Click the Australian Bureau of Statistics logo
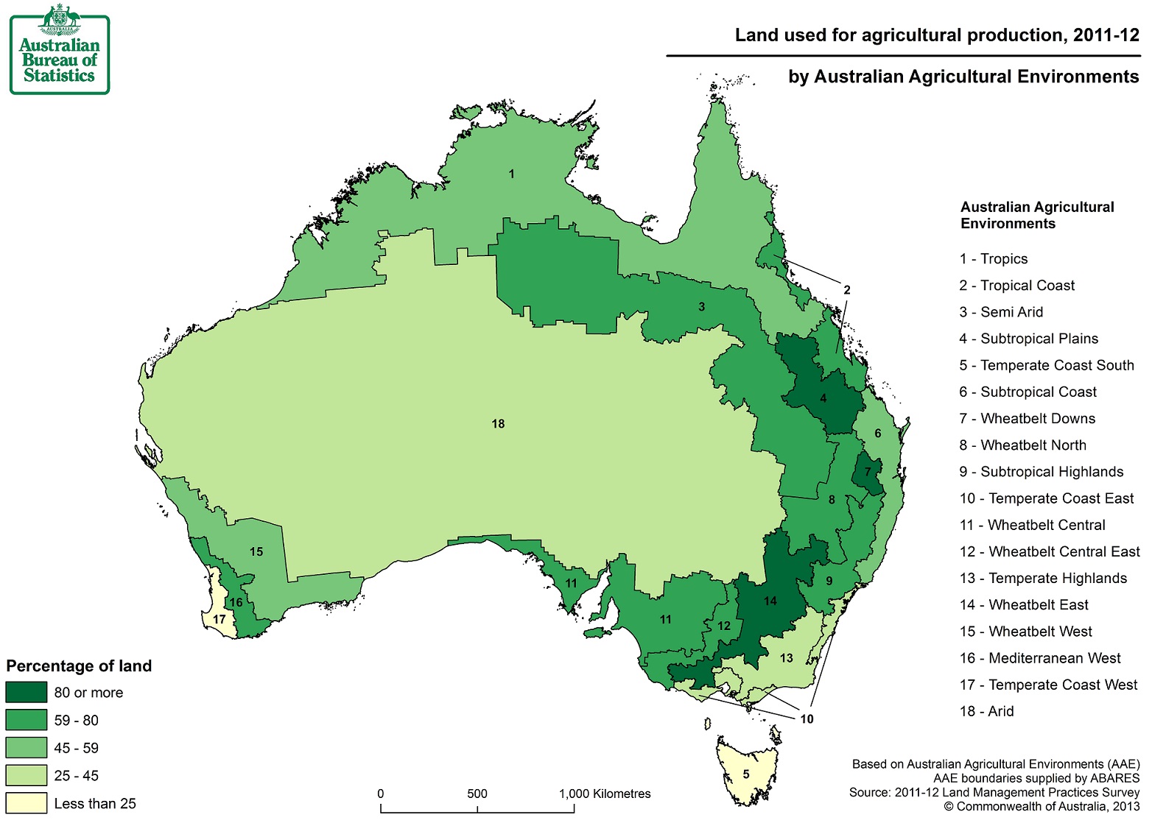click(x=60, y=49)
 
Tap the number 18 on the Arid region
click(x=498, y=424)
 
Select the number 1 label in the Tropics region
click(x=511, y=174)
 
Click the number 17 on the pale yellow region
click(x=219, y=620)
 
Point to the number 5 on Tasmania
click(x=746, y=774)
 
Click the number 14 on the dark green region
click(x=770, y=601)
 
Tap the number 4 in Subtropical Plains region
click(x=823, y=399)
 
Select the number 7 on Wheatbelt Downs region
click(x=868, y=473)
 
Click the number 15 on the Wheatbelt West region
click(x=256, y=552)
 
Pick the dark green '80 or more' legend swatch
click(x=27, y=693)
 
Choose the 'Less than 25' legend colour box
click(x=27, y=803)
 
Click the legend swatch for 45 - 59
click(x=27, y=748)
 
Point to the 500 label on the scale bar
click(x=477, y=794)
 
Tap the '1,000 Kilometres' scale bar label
click(x=605, y=794)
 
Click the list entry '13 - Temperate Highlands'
click(x=1043, y=579)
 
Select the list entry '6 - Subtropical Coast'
click(x=1028, y=392)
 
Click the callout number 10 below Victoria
click(x=807, y=719)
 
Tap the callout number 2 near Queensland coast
click(x=847, y=290)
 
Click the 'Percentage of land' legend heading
click(x=79, y=666)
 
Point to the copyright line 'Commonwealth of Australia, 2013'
click(x=1042, y=807)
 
